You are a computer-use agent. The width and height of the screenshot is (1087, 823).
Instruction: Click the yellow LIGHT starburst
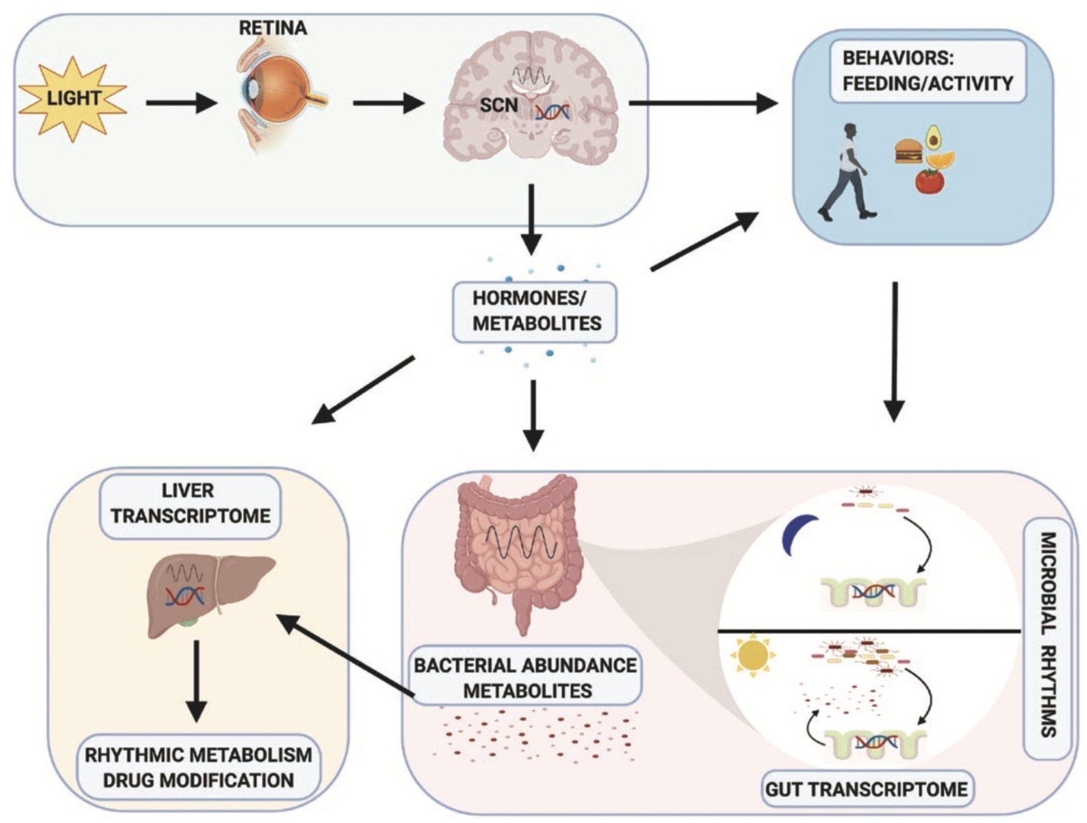73,98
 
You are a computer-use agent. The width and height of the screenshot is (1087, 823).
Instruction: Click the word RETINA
272,28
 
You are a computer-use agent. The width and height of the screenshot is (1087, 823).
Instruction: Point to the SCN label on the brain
498,105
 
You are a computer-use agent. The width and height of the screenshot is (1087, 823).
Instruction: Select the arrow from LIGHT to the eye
181,103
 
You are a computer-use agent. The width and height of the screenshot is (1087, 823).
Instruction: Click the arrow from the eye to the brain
388,103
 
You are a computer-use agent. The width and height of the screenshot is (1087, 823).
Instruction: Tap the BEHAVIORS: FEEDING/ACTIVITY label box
928,71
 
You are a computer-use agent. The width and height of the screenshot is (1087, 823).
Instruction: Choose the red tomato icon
929,181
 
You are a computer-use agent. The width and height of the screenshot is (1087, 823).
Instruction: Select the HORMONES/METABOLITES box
535,311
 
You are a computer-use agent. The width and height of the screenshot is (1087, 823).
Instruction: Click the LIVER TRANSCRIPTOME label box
190,503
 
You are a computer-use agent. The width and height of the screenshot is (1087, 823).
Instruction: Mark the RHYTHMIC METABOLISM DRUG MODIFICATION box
198,767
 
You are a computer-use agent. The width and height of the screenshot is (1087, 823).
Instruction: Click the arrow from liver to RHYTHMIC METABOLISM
196,681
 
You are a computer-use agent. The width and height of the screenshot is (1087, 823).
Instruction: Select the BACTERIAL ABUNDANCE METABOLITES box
526,677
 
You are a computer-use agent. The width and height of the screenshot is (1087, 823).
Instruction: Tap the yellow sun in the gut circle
753,655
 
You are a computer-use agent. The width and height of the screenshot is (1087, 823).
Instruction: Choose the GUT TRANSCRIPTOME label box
866,789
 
